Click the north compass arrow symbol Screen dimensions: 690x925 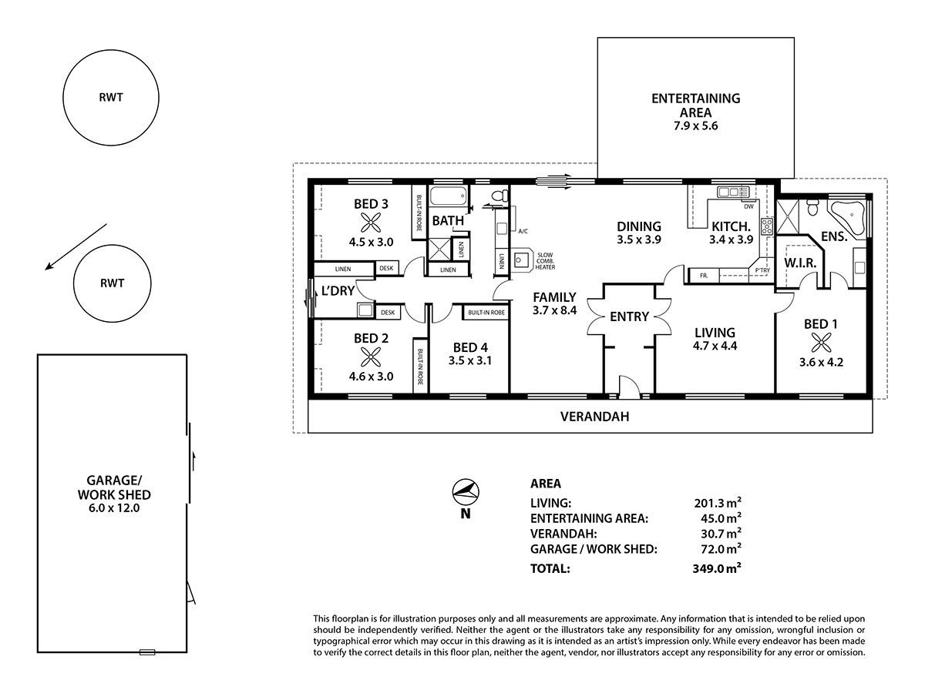[x=465, y=491]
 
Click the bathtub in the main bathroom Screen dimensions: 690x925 [x=448, y=196]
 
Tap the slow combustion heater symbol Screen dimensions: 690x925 [x=521, y=260]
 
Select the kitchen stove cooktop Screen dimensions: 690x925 [x=767, y=226]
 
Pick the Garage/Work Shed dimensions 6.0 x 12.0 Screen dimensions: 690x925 [x=113, y=508]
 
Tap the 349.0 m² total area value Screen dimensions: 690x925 [x=718, y=569]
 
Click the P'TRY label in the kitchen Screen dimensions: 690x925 [x=762, y=271]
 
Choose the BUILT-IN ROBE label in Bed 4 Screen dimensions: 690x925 [x=486, y=312]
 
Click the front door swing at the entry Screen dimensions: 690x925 [x=628, y=387]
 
